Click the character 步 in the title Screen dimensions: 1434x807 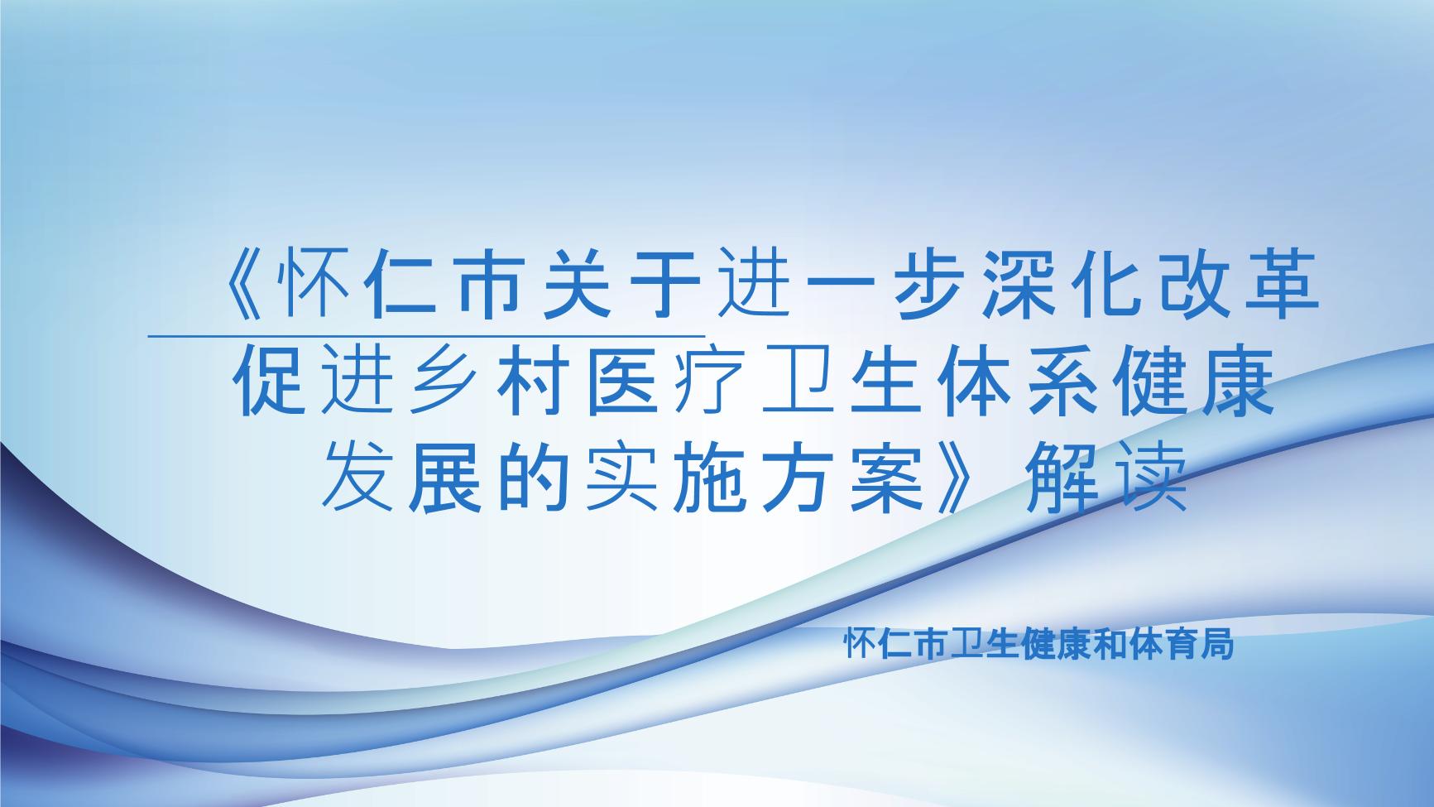coord(920,291)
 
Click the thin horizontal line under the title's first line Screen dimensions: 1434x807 coord(426,336)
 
